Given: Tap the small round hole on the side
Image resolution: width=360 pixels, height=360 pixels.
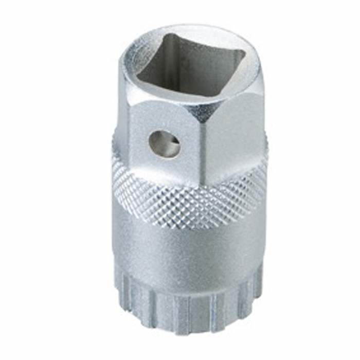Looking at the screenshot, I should point(165,144).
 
